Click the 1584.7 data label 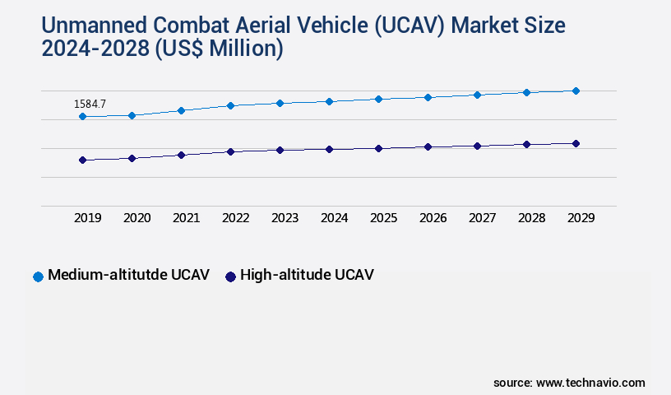point(90,104)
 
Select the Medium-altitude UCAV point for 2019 point(82,117)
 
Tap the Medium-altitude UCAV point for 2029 point(576,91)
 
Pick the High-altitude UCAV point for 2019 point(82,160)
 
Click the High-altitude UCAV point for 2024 point(329,149)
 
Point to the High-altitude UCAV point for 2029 point(576,143)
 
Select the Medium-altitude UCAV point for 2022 point(230,105)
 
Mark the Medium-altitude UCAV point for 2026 point(428,97)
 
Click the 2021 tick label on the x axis point(186,218)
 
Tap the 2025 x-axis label point(383,218)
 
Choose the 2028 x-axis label point(531,218)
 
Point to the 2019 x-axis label point(87,218)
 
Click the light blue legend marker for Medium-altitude point(38,276)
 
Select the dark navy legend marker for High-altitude point(231,276)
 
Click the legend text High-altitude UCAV point(307,275)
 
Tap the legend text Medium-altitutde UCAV point(128,275)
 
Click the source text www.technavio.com point(590,383)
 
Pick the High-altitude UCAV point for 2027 point(477,146)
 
